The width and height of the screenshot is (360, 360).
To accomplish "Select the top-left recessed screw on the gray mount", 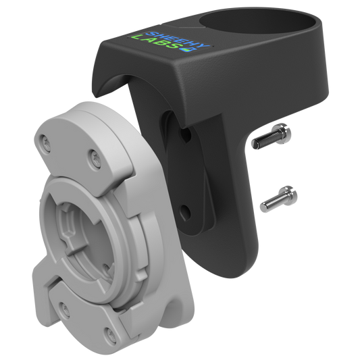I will pyautogui.click(x=45, y=141).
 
